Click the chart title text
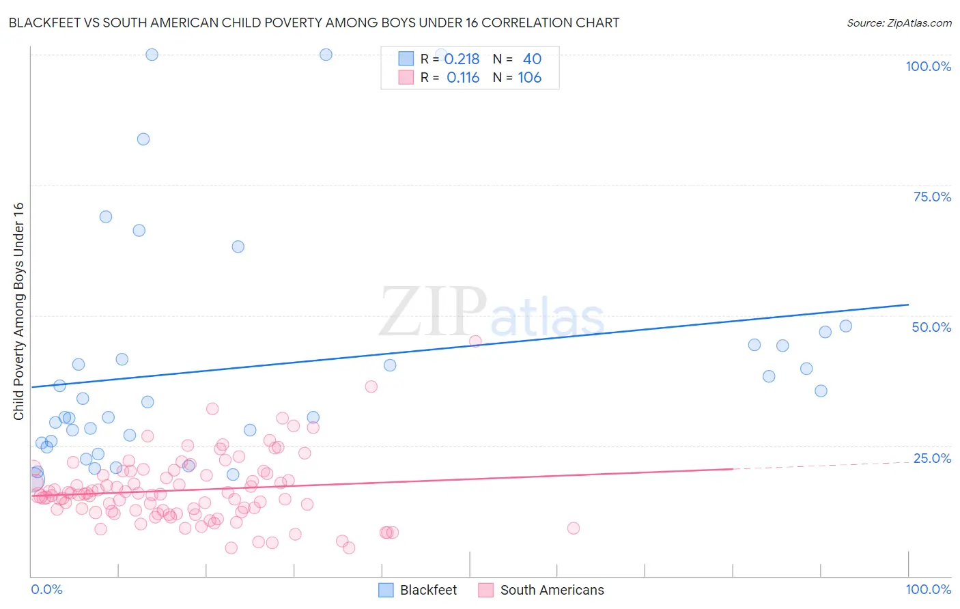click(x=314, y=23)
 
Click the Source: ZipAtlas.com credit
click(x=899, y=23)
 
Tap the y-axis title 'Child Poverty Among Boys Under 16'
click(x=18, y=311)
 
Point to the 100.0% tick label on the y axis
click(x=928, y=66)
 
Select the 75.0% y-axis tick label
click(x=932, y=197)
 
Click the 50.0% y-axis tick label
click(x=931, y=327)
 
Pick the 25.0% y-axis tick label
click(x=932, y=458)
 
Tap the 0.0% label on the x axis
click(x=46, y=589)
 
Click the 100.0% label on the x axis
click(x=928, y=589)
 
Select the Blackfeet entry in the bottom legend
click(x=418, y=590)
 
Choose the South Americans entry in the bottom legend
click(x=541, y=590)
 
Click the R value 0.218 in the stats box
click(x=462, y=59)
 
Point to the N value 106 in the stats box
click(x=529, y=78)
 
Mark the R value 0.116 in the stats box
click(x=463, y=78)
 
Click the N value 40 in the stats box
click(x=532, y=59)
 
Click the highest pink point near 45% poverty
click(x=475, y=341)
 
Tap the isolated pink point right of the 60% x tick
click(x=574, y=528)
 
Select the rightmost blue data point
click(x=845, y=326)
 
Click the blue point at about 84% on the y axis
click(x=143, y=139)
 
